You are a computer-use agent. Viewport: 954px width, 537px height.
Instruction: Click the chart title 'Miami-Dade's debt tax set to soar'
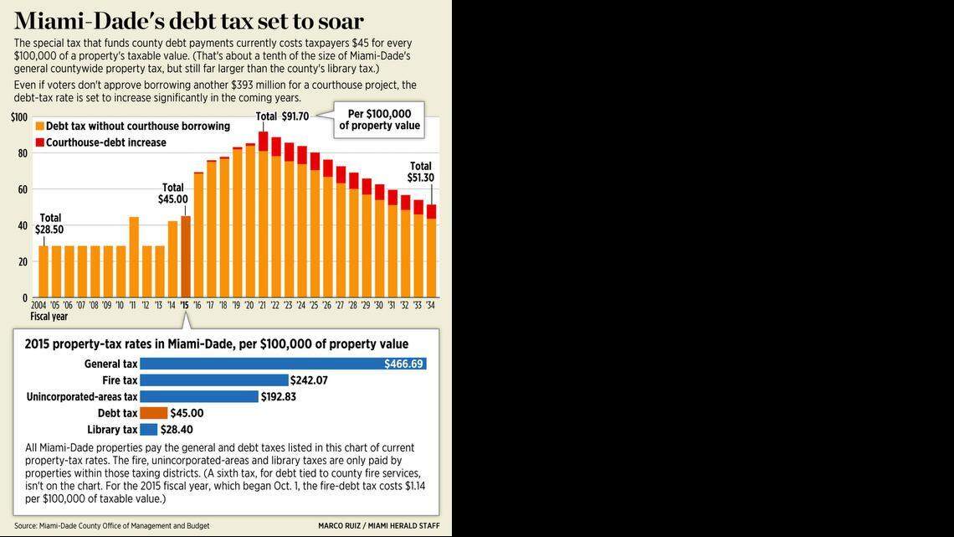189,20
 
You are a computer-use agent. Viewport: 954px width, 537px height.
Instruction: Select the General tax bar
283,364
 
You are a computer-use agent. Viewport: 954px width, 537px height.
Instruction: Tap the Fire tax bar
213,380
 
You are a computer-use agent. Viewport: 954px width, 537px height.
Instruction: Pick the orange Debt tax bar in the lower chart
153,413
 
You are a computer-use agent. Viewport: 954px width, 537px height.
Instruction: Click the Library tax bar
148,430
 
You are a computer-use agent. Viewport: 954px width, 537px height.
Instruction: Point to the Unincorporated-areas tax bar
199,396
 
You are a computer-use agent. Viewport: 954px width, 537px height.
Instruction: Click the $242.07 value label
310,380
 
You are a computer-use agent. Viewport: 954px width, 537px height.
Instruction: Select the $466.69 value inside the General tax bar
404,364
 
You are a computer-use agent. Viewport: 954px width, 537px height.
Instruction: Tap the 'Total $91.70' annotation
282,116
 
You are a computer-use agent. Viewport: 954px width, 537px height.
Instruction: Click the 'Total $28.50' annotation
49,224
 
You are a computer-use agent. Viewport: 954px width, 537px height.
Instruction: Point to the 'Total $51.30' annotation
421,172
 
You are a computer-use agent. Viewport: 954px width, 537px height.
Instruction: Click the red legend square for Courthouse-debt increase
39,142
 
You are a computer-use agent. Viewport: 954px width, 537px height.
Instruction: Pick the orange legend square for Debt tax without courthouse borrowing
39,126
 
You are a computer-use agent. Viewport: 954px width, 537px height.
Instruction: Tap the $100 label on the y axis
19,117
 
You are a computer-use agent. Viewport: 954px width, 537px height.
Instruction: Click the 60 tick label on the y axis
23,189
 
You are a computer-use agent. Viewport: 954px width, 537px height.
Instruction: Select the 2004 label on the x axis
38,306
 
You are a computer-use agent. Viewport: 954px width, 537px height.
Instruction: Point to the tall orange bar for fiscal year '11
134,257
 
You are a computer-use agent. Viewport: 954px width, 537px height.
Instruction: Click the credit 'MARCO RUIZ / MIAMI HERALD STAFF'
378,526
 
